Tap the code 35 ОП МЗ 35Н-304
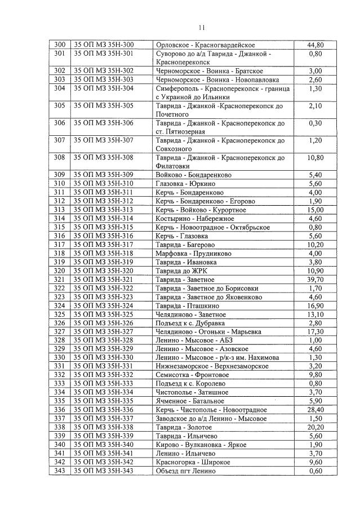pos(104,88)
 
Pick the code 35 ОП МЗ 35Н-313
pos(104,210)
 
